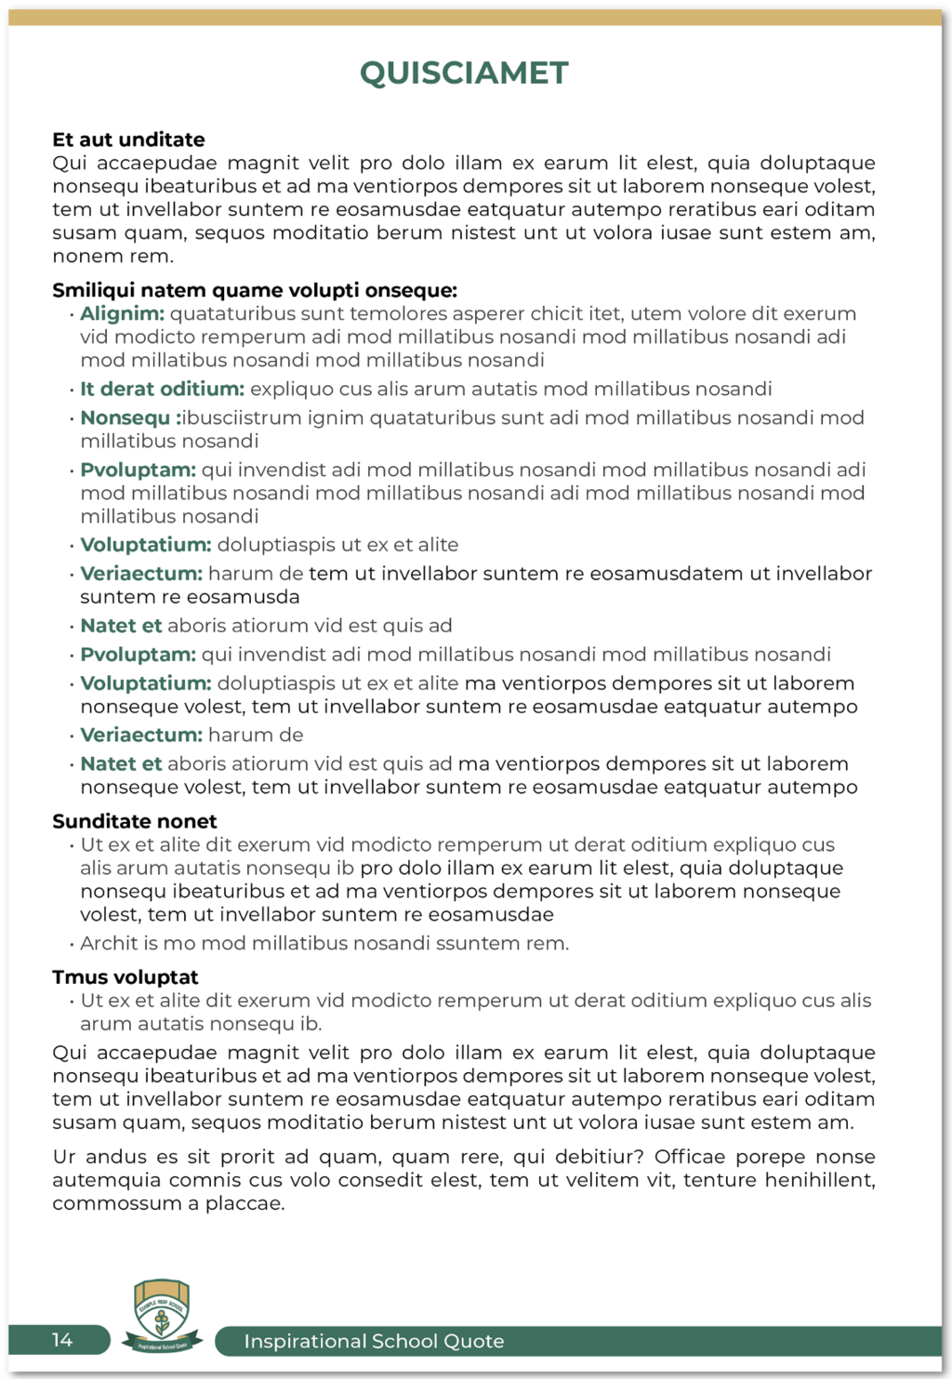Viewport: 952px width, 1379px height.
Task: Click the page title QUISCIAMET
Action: [x=464, y=73]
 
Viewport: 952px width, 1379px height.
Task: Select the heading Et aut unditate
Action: [x=128, y=139]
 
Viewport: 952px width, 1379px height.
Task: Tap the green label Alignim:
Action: [x=122, y=313]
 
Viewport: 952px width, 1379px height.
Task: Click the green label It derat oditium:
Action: [x=162, y=389]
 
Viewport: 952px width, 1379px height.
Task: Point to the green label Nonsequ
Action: [x=125, y=418]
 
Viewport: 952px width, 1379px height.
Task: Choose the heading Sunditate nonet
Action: [x=134, y=821]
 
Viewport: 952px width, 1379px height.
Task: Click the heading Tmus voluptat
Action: [x=125, y=977]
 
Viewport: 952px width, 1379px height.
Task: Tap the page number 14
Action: [x=62, y=1340]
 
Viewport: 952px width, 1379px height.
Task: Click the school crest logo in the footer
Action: [x=162, y=1314]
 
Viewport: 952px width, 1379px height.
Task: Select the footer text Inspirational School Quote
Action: [x=374, y=1341]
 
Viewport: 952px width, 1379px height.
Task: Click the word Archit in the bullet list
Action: [x=106, y=943]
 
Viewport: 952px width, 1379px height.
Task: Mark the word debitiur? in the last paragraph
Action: [x=599, y=1157]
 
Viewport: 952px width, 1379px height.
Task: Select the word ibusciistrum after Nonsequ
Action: [x=240, y=418]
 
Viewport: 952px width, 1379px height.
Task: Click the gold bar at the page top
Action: [x=475, y=18]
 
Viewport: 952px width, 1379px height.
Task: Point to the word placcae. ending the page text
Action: [x=245, y=1203]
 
